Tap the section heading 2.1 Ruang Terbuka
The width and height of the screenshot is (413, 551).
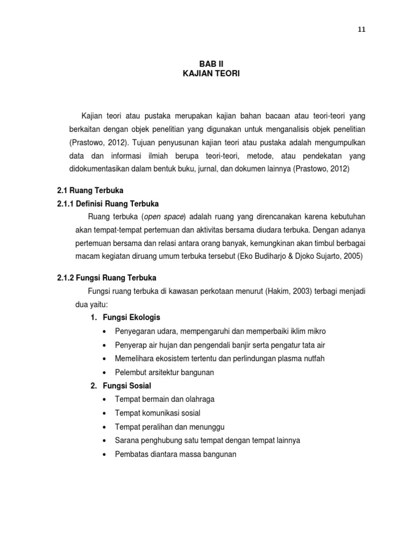90,191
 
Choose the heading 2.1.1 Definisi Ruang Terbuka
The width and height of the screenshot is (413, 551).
108,203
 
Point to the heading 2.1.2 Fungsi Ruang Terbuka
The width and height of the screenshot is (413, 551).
106,278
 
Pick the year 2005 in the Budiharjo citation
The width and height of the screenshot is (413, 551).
354,257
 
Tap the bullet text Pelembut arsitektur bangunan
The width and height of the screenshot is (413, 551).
165,372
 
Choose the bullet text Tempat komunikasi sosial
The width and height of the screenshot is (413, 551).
158,413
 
